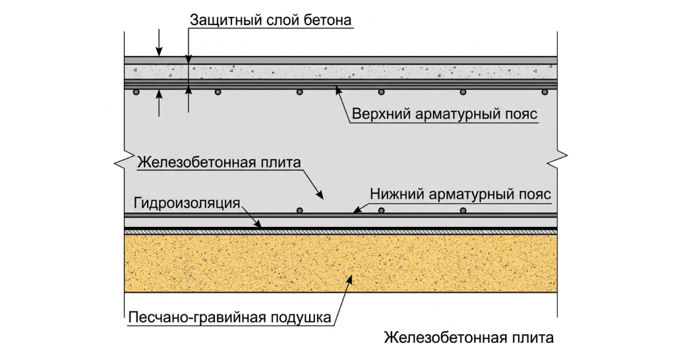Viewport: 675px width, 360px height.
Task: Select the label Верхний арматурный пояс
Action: point(445,115)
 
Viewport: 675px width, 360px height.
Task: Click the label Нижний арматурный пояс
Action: point(460,195)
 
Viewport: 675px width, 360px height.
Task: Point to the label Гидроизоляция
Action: point(187,203)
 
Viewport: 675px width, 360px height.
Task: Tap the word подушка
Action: point(301,317)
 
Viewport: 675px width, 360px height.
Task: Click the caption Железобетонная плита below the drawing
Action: point(469,338)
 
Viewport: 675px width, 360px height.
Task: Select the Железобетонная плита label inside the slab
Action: point(219,164)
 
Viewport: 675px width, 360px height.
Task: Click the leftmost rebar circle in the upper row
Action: point(136,92)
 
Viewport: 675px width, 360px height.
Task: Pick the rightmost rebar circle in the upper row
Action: point(544,92)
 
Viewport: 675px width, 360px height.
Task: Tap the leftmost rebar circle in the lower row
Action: point(300,210)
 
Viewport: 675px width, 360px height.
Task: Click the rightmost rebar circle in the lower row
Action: point(463,210)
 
